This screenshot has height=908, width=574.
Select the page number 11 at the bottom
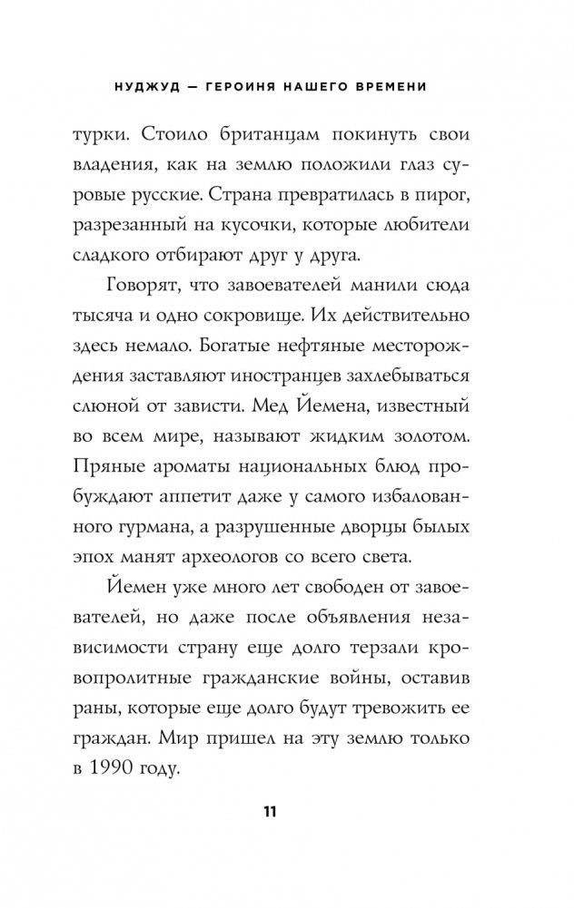pyautogui.click(x=287, y=810)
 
